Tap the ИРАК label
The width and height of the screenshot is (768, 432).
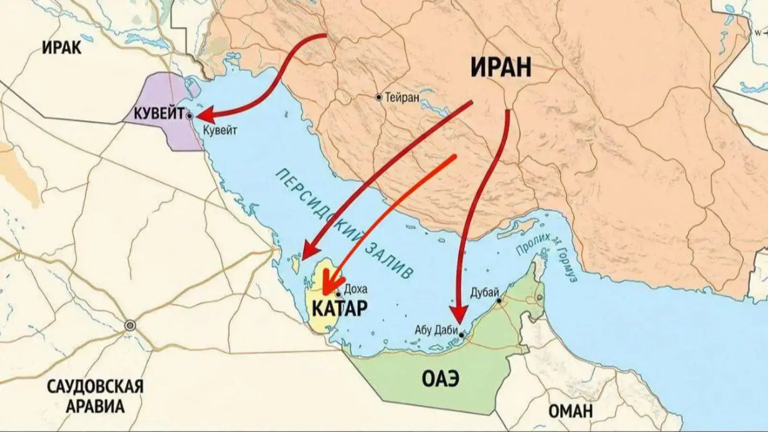(x=62, y=48)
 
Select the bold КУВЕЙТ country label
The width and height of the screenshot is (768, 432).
(x=159, y=114)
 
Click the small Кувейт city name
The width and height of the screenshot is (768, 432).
(x=220, y=130)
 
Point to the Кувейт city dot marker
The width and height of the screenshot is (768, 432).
(x=190, y=116)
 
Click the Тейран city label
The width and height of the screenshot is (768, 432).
(x=403, y=97)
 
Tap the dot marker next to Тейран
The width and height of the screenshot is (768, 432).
(x=379, y=97)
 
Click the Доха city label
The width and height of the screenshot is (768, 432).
(x=356, y=289)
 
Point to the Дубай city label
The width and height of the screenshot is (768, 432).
(x=485, y=292)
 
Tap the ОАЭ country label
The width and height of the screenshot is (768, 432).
(x=441, y=379)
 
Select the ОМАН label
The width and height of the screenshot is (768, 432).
(x=570, y=411)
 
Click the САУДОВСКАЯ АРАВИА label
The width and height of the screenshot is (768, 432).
(x=95, y=396)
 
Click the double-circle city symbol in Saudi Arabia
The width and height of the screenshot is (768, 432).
(x=130, y=326)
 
